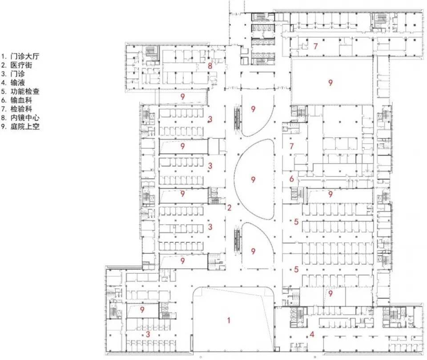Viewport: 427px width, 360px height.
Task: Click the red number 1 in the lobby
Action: point(229,320)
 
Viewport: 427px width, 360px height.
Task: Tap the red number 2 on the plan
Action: point(230,208)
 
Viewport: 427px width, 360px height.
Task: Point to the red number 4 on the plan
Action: point(312,334)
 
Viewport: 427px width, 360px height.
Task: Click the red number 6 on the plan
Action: point(292,179)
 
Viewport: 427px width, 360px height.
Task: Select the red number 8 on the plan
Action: point(210,66)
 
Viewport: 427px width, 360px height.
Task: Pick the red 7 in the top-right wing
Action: point(315,46)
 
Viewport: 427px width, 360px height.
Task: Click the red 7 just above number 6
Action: point(292,146)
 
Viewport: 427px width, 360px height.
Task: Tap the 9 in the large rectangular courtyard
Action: point(330,83)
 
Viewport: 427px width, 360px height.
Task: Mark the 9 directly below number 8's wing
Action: point(183,96)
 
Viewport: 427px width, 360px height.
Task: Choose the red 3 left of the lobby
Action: point(148,334)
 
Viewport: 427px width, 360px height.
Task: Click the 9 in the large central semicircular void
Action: point(253,180)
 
